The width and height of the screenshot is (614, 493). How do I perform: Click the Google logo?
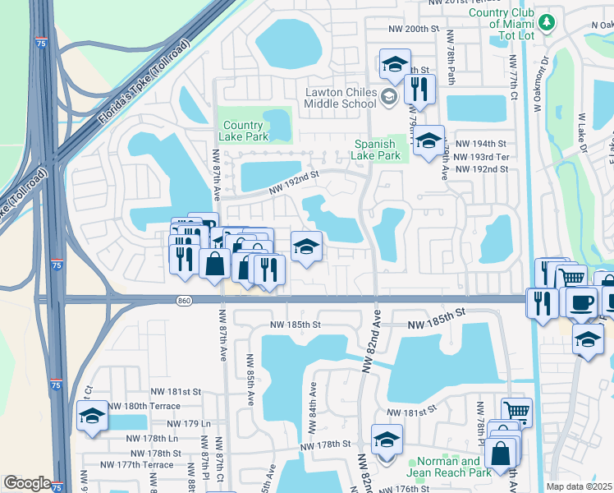point(26,483)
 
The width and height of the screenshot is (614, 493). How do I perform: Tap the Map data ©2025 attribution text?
point(580,486)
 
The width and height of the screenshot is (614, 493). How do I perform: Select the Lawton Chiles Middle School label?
point(341,98)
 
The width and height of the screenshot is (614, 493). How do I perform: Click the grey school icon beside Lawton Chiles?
point(388,99)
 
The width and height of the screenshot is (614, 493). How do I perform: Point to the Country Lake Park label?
point(245,131)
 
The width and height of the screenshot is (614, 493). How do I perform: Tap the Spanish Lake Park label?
point(376,149)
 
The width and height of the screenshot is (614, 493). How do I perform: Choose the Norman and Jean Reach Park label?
point(448,467)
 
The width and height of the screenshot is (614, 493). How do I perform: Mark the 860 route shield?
point(184,302)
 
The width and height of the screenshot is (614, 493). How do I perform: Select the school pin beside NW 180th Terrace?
point(92,415)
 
